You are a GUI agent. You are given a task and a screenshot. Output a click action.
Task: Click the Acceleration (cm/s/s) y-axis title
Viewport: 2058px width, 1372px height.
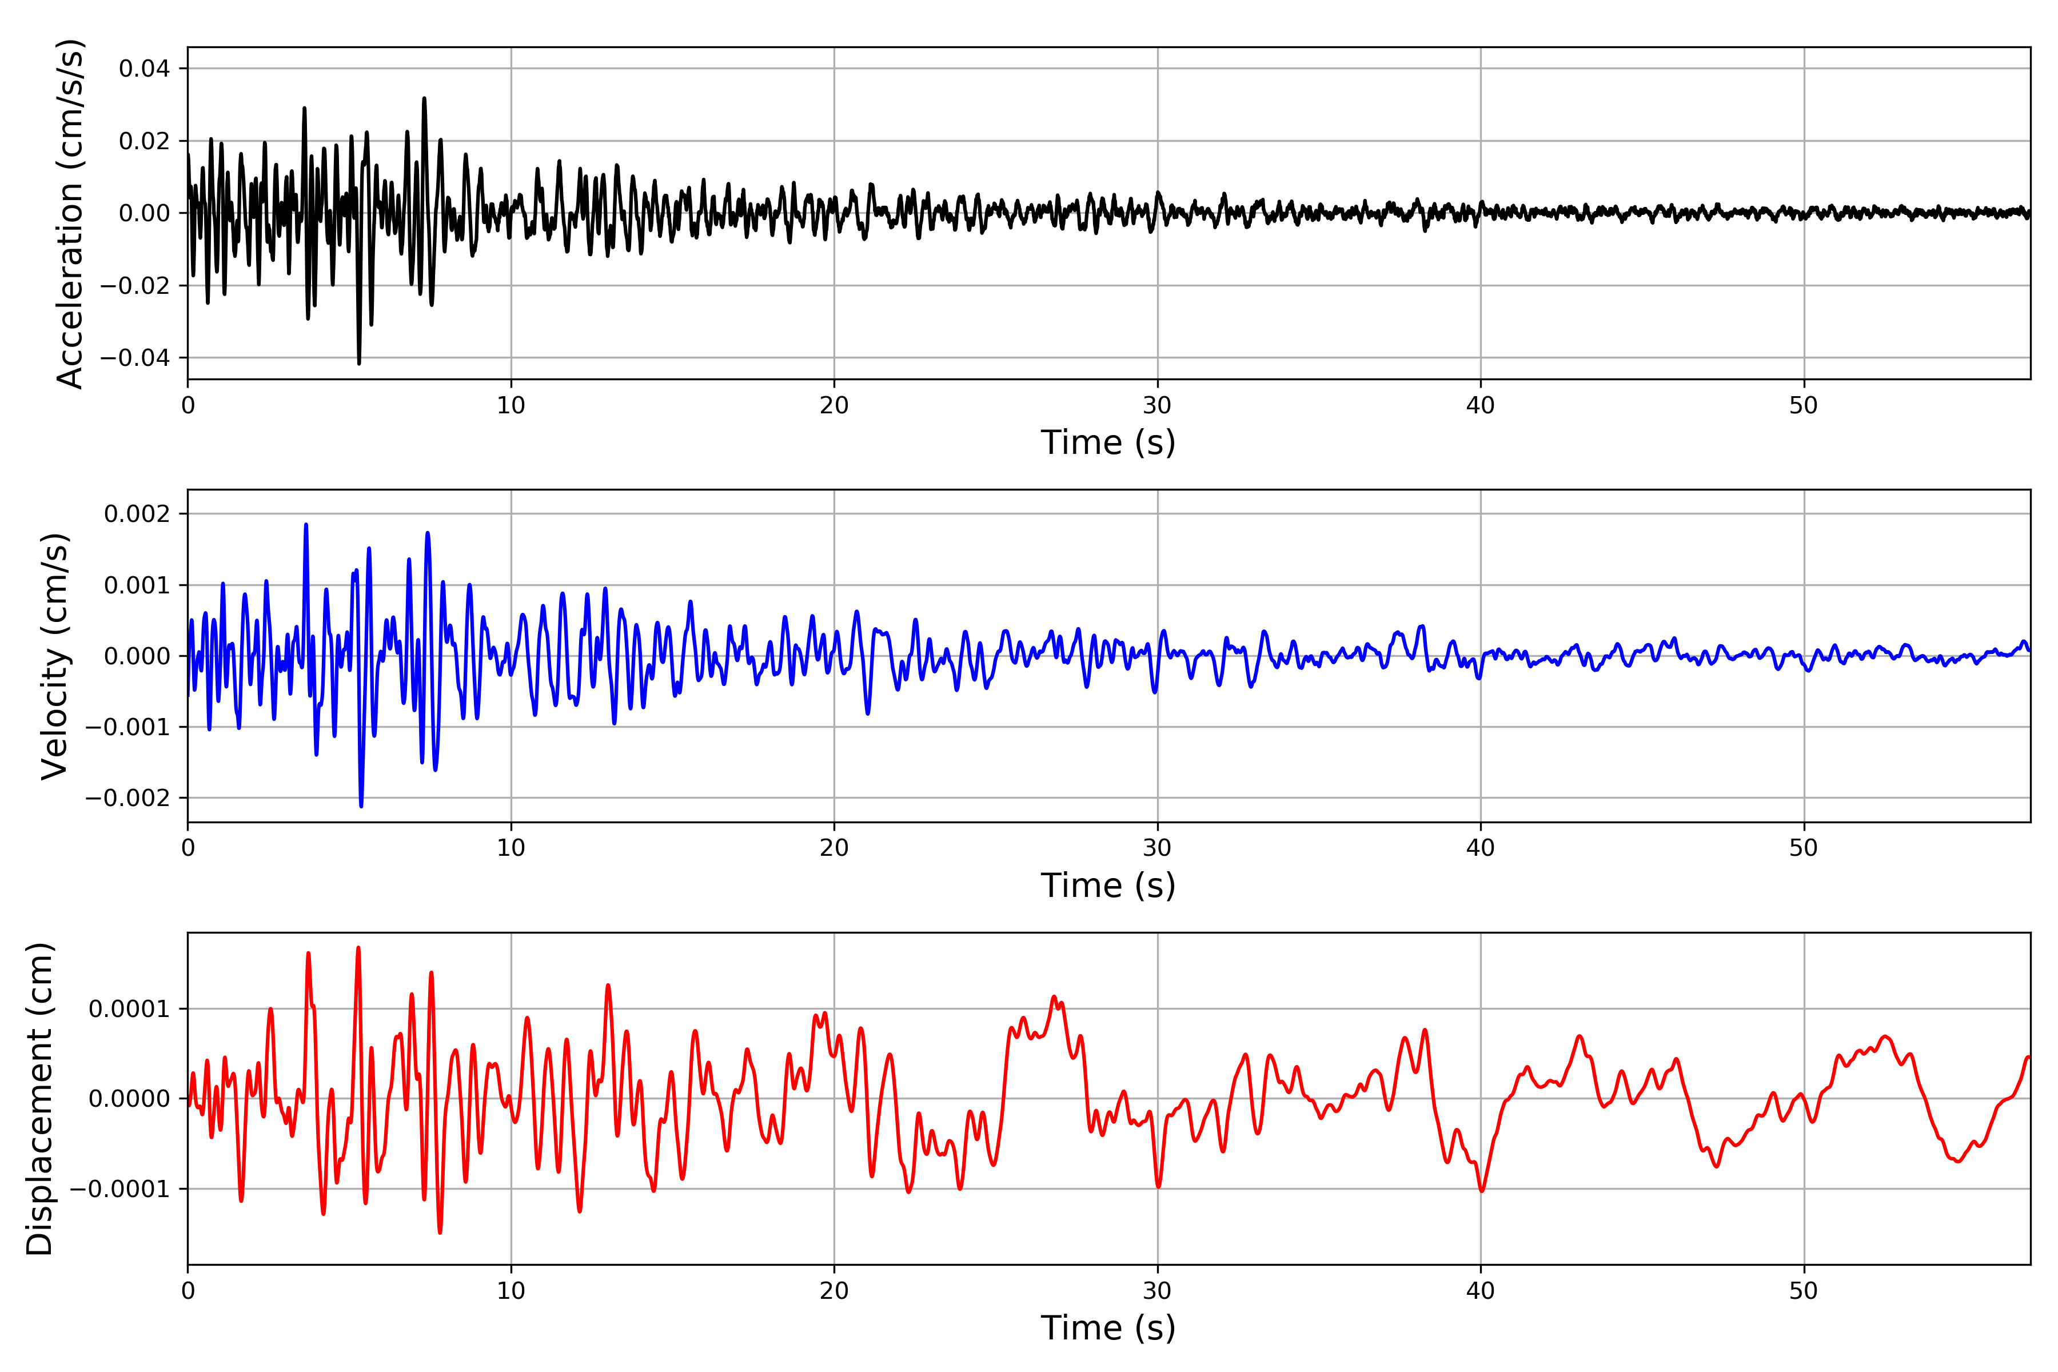click(x=70, y=213)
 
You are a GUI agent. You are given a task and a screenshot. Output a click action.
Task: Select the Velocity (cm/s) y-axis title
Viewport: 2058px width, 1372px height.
click(x=55, y=656)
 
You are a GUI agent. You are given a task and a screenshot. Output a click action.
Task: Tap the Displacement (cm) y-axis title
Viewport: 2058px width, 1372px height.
click(x=40, y=1099)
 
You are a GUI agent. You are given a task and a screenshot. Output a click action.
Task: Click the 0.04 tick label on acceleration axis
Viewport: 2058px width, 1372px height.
click(x=145, y=68)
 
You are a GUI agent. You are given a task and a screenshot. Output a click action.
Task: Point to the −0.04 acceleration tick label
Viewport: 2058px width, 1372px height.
click(x=135, y=358)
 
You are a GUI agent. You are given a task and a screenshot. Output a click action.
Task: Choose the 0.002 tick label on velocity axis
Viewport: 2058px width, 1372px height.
click(x=137, y=513)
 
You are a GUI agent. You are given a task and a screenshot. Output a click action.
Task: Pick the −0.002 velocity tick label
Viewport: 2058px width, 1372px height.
click(x=127, y=798)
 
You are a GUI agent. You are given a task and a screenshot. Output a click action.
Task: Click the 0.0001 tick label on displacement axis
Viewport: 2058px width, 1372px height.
click(x=129, y=1009)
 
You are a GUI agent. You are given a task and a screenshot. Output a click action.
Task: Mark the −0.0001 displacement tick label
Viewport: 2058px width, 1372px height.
click(x=120, y=1189)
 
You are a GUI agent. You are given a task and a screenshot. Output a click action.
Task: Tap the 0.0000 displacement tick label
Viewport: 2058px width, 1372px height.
click(x=129, y=1099)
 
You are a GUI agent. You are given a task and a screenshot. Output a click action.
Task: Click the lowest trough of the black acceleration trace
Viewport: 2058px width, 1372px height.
click(x=359, y=363)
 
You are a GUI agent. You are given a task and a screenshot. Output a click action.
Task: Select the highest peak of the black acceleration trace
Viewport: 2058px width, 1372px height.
click(x=424, y=99)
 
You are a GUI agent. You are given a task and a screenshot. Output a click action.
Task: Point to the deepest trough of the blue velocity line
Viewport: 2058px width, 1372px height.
click(x=361, y=806)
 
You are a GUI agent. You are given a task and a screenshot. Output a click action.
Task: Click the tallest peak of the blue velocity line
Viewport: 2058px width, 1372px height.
click(x=305, y=525)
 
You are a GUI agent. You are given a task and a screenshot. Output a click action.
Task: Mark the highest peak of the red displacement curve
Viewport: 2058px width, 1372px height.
click(x=358, y=948)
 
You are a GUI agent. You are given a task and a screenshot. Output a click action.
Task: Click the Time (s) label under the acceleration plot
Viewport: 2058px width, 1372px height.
click(x=1108, y=442)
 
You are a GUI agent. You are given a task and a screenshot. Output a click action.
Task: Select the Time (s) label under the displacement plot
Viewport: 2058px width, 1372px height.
click(x=1108, y=1328)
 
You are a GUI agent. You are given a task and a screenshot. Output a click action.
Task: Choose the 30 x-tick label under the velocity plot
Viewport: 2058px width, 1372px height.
click(x=1156, y=848)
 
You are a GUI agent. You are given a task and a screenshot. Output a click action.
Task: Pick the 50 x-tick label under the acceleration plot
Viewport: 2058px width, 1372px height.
click(x=1804, y=405)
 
